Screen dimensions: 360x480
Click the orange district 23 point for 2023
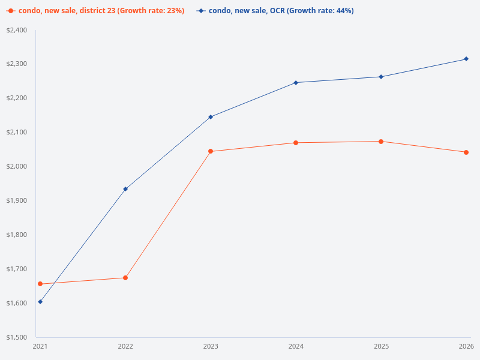tap(211, 151)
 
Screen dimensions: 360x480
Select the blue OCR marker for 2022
tap(125, 189)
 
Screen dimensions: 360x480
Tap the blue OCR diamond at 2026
tap(466, 59)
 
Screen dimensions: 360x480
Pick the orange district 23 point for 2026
tap(466, 152)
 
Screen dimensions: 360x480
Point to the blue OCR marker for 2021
tap(40, 302)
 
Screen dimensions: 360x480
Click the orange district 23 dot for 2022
tap(125, 278)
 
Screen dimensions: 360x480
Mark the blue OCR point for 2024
tap(296, 82)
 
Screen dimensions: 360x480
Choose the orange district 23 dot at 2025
tap(381, 142)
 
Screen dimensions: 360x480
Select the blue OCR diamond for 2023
tap(211, 117)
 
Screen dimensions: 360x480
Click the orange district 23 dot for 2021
tap(40, 284)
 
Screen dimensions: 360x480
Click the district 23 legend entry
tap(101, 11)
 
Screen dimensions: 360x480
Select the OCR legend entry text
tap(281, 11)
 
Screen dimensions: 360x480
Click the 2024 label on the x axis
tap(296, 347)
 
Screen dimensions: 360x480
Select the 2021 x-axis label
tap(40, 347)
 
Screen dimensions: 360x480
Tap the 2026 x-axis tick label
tap(466, 347)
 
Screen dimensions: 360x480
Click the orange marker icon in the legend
tap(11, 11)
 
